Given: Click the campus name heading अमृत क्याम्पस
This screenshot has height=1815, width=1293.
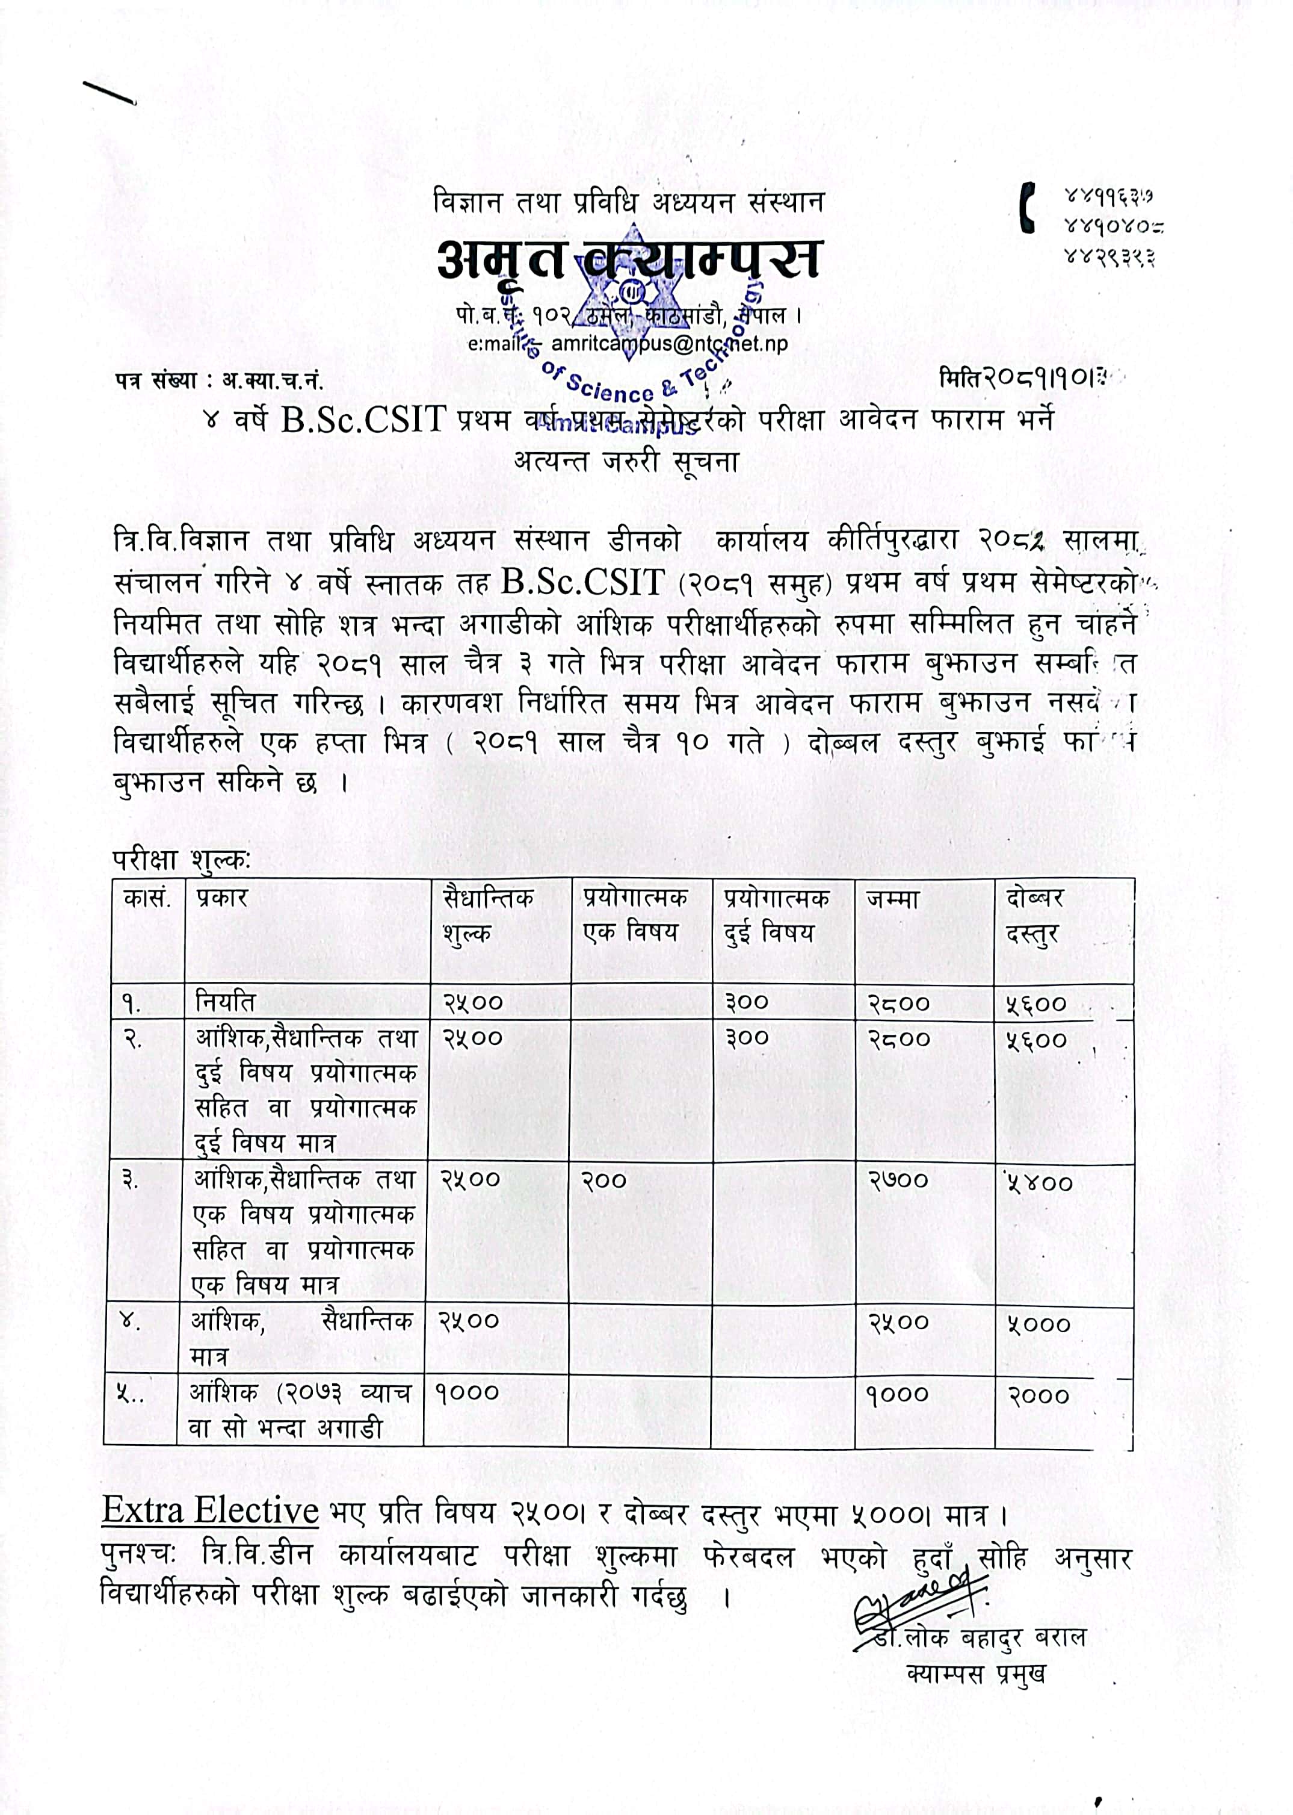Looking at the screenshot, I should pos(628,259).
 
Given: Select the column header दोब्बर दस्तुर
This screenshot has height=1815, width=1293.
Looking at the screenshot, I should pos(1034,916).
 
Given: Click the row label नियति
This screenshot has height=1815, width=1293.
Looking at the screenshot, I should pos(225,1002).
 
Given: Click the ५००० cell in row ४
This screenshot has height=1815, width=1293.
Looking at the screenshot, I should pos(1038,1324).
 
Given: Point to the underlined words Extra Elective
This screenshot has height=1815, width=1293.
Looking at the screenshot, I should pos(210,1511).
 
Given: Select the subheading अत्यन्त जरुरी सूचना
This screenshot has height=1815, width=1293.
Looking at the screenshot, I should pos(626,461).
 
